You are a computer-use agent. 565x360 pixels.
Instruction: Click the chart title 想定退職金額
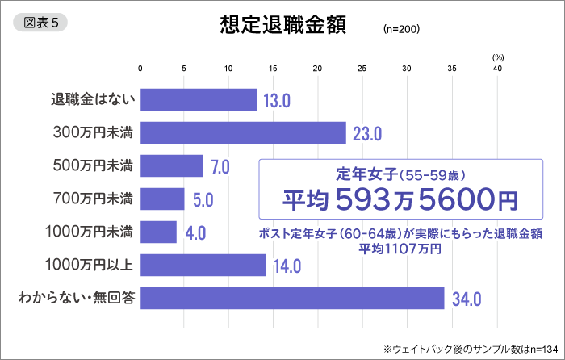282,24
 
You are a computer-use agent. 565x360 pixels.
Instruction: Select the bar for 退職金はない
199,100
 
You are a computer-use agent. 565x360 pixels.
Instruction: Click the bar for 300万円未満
243,132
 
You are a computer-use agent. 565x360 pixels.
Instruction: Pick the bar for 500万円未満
172,166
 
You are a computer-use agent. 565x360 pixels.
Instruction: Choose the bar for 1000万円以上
203,265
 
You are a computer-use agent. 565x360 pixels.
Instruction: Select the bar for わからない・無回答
292,298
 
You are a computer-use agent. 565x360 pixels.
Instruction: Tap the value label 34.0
467,299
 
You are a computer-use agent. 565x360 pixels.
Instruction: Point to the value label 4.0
195,233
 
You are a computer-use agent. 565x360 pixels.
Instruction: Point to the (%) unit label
497,57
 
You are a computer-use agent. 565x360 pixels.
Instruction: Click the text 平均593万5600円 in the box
399,197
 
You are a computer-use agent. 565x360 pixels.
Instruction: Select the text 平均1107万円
400,249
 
